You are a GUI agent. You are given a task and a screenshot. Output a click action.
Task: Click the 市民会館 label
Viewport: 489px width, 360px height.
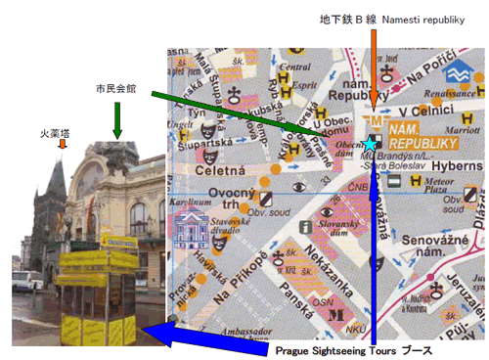point(116,89)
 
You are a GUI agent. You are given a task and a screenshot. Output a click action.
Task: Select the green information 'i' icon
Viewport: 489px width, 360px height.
point(305,228)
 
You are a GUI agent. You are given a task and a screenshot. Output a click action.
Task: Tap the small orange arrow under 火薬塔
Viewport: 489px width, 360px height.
point(63,144)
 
